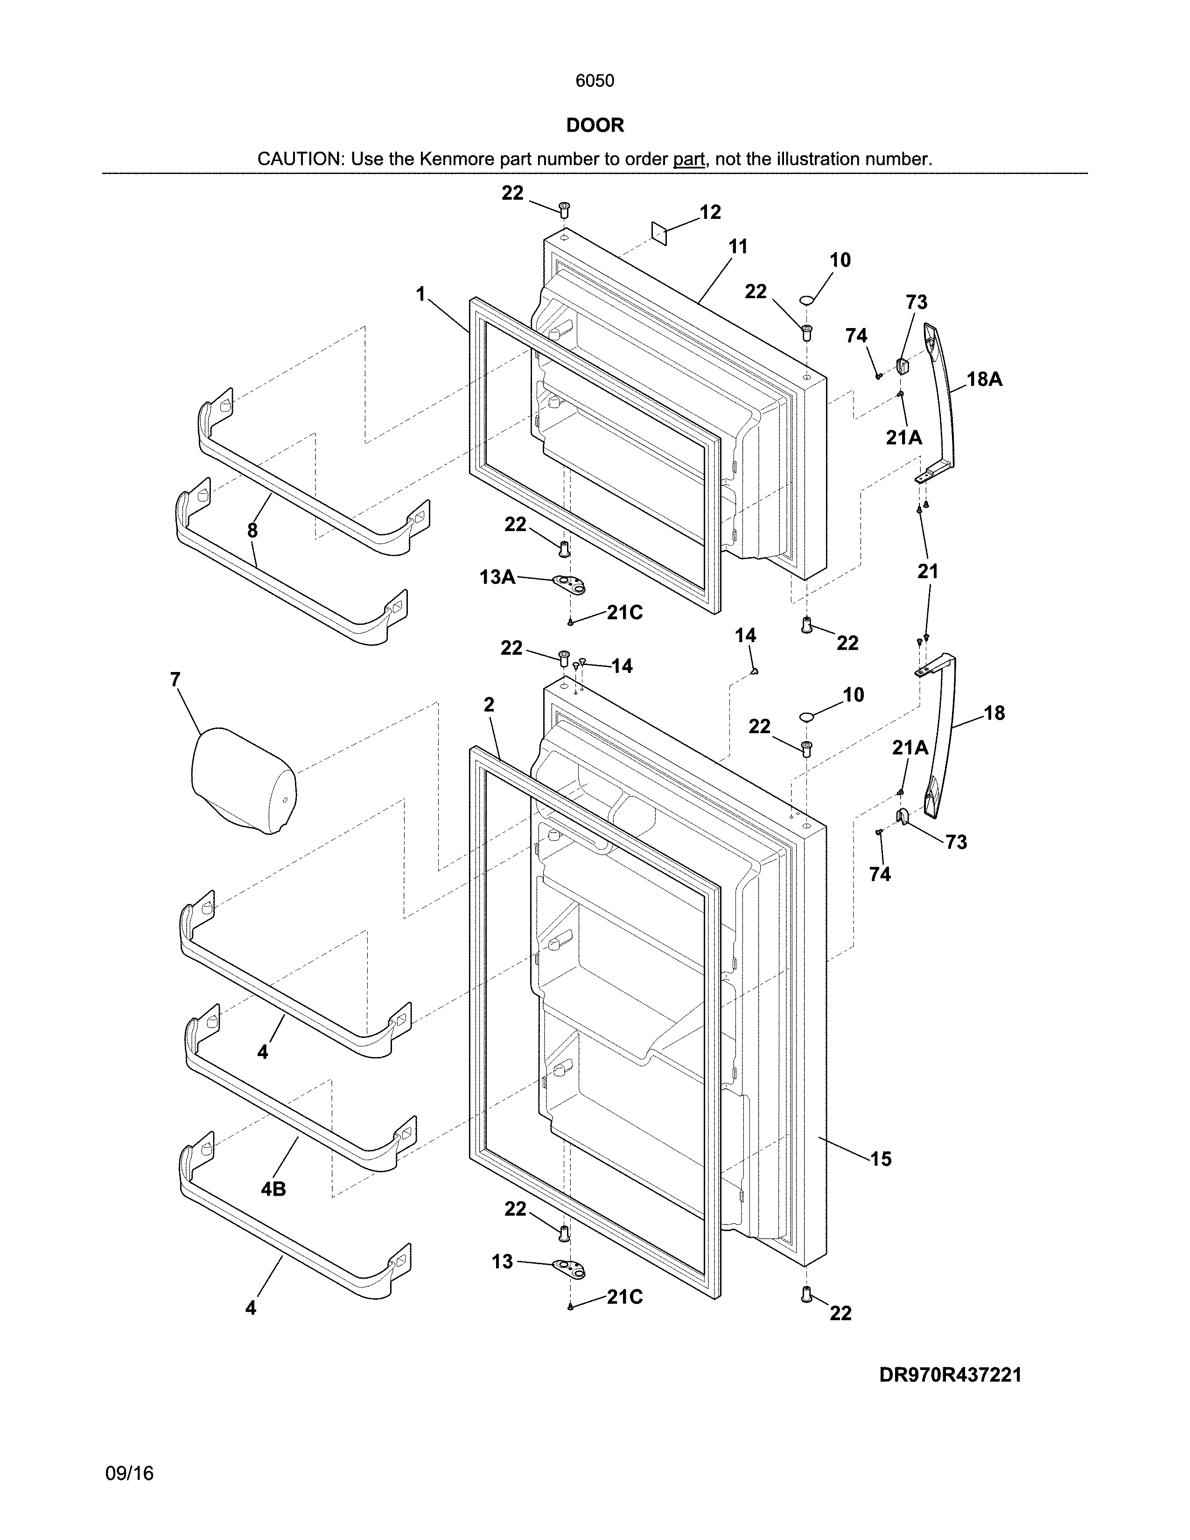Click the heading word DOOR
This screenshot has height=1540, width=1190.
595,126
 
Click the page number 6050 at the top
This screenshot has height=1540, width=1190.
594,81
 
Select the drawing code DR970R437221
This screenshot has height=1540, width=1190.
950,1375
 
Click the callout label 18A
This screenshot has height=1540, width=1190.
984,379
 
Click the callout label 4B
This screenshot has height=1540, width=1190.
273,1190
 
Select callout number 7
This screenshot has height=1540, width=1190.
175,680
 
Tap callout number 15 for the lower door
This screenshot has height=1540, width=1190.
881,1159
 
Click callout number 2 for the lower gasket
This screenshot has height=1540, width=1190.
489,704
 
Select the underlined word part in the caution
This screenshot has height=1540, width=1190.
689,159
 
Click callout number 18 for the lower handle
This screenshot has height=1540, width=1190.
994,713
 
